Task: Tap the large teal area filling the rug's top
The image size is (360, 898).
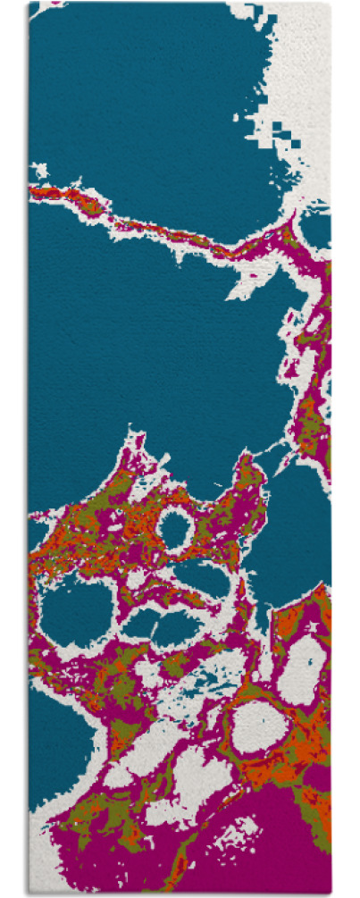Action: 134,98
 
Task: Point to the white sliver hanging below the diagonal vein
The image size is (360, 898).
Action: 243,286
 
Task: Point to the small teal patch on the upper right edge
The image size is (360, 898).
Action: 316,228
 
